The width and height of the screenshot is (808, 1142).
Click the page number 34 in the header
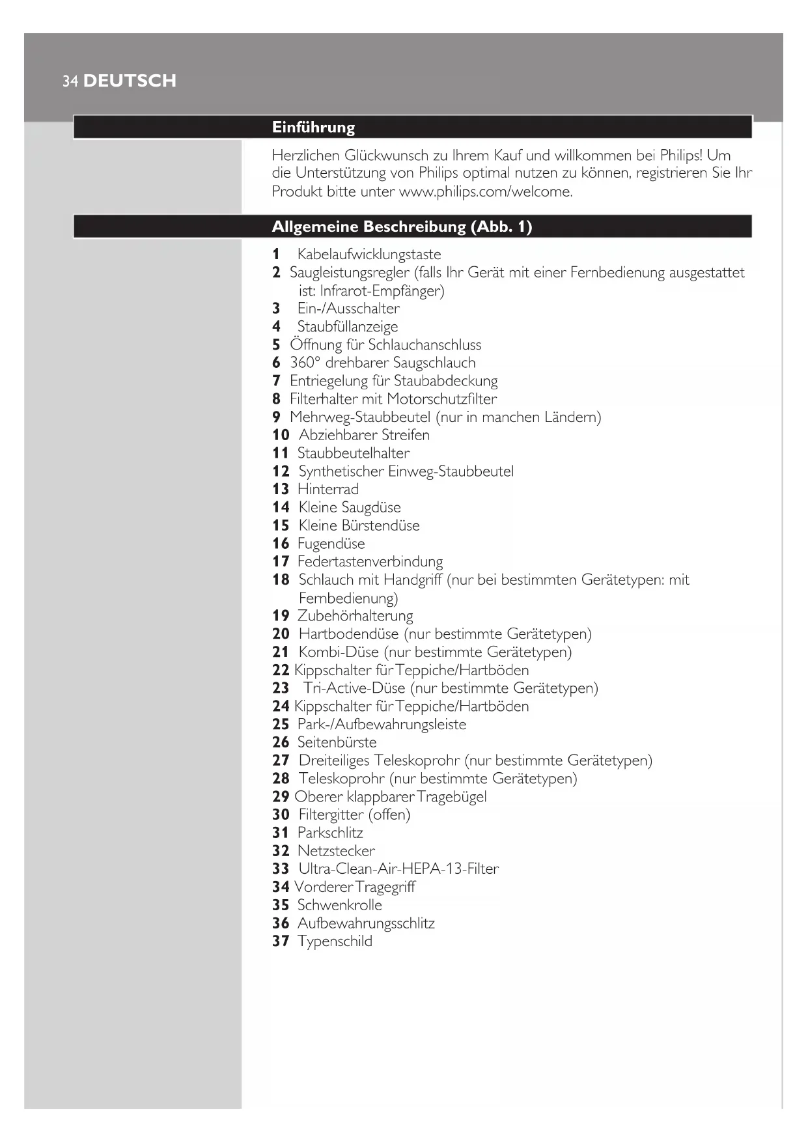point(70,81)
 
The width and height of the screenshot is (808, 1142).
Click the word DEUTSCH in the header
point(130,81)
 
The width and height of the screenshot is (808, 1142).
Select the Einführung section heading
point(313,127)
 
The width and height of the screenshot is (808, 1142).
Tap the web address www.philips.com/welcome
point(485,191)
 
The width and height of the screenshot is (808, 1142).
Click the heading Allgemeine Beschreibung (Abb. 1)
point(402,227)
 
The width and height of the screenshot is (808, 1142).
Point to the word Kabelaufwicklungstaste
point(369,254)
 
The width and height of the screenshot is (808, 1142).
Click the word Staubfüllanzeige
point(348,326)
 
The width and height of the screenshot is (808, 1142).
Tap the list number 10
point(281,435)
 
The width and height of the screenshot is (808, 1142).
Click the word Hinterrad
point(328,489)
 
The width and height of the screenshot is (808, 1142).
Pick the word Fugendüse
point(331,543)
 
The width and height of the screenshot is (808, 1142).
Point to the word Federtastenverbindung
point(370,561)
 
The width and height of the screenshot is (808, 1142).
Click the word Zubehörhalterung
point(355,615)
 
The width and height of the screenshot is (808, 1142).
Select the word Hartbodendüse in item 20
point(348,634)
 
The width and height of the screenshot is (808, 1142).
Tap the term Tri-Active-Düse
point(355,688)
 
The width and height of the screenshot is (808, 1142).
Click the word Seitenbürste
point(337,742)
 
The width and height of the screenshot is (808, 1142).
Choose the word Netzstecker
point(336,850)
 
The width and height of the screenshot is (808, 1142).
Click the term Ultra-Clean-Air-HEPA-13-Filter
point(398,869)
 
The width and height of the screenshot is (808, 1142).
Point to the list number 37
point(281,941)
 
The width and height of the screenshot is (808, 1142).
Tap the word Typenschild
point(335,941)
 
